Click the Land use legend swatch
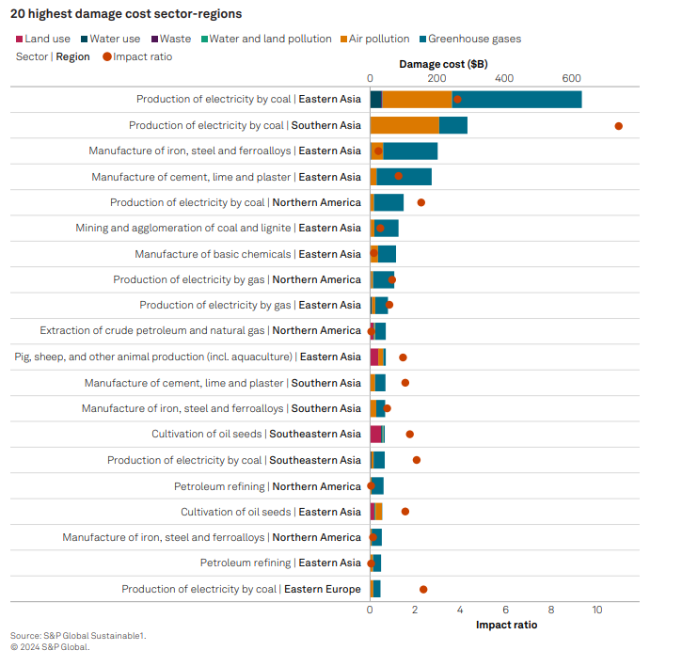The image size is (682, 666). [x=19, y=40]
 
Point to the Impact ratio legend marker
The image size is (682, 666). [x=106, y=56]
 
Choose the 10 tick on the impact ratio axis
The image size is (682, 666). [x=596, y=610]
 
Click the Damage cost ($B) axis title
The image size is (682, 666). [x=443, y=64]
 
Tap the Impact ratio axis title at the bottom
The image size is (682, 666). [x=506, y=625]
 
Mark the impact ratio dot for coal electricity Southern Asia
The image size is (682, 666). [x=618, y=125]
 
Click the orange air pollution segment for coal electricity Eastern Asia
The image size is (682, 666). [x=417, y=100]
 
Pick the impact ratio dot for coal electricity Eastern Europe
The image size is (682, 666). [x=423, y=589]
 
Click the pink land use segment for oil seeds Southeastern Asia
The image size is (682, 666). [x=376, y=435]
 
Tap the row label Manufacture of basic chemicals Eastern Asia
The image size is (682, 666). [x=247, y=254]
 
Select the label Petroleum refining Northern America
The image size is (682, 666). [x=267, y=486]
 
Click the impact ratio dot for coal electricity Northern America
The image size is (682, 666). [x=420, y=202]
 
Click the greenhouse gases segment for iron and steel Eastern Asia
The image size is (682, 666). [x=410, y=151]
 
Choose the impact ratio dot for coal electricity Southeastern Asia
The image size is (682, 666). [x=417, y=460]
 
